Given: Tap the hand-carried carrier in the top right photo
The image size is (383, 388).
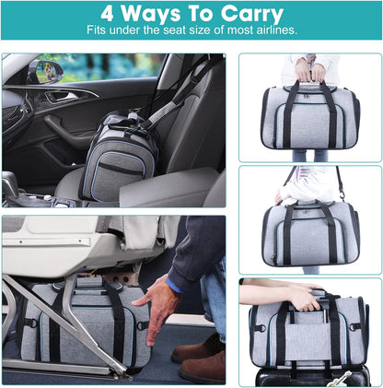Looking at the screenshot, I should pyautogui.click(x=309, y=119).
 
